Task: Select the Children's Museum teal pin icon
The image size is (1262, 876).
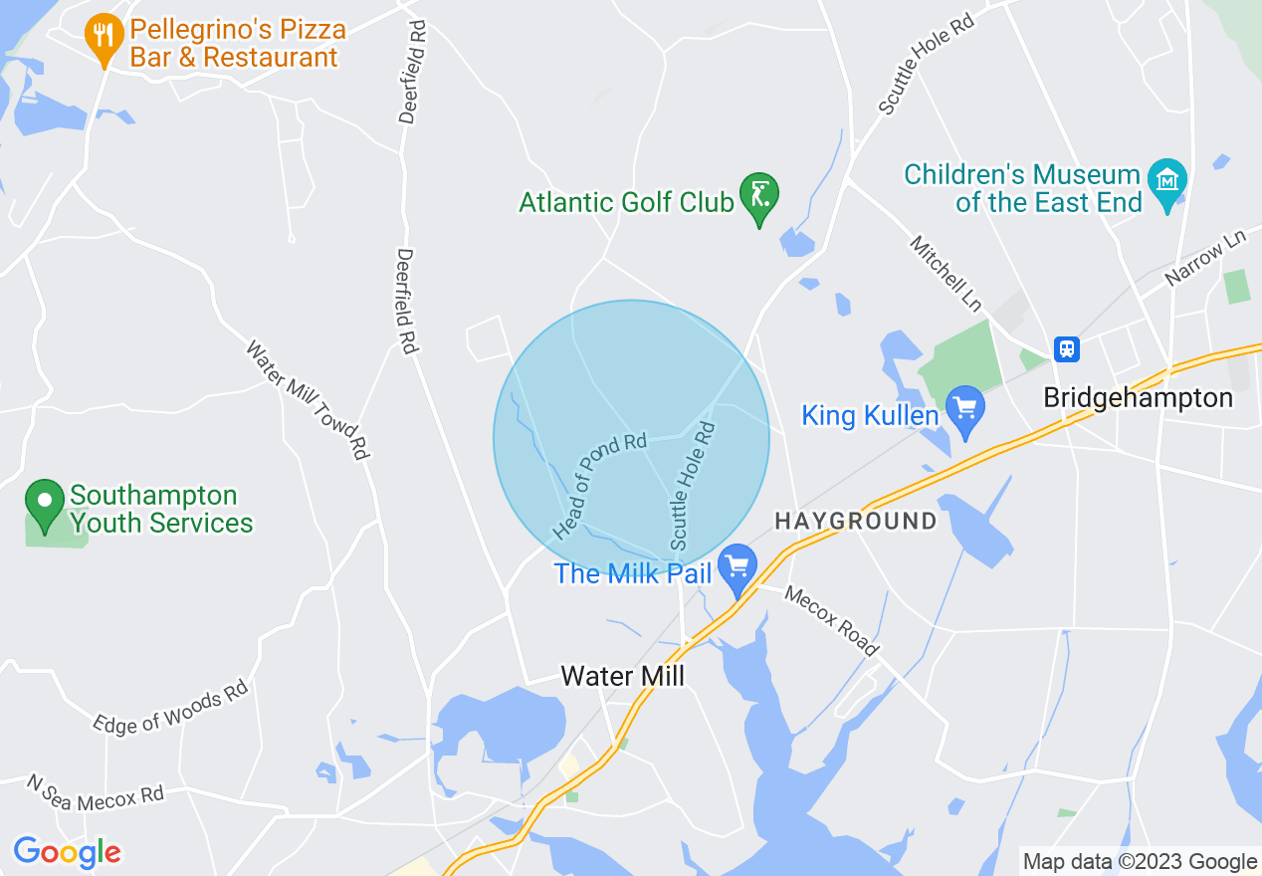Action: tap(1167, 181)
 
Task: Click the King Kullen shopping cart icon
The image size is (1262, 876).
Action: tap(965, 409)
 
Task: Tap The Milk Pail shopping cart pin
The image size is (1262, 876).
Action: tap(736, 568)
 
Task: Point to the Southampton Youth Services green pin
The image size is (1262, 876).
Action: tap(45, 502)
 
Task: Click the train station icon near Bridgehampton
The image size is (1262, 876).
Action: tap(1067, 348)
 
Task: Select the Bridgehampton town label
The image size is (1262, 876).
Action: tap(1138, 398)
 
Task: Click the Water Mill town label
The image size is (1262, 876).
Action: tap(623, 677)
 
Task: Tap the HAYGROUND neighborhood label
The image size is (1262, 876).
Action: tap(856, 521)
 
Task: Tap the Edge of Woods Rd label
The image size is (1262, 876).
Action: tap(170, 707)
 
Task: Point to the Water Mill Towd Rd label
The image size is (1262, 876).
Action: tap(308, 400)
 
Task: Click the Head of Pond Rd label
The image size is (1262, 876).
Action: tap(600, 487)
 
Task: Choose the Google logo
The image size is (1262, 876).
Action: tap(67, 852)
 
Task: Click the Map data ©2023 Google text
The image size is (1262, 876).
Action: tap(1141, 862)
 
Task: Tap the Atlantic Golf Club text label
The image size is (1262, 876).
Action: tap(626, 202)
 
